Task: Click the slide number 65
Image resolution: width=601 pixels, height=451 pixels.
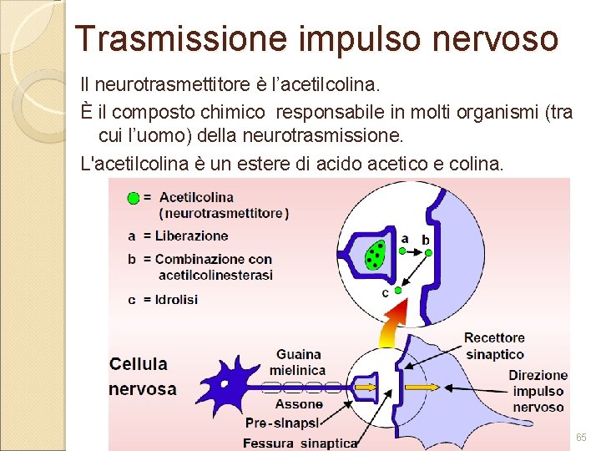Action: click(x=581, y=438)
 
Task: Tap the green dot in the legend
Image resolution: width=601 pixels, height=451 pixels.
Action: click(x=132, y=199)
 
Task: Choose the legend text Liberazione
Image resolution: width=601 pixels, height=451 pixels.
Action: click(x=191, y=236)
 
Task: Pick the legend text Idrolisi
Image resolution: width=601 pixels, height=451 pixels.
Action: click(x=176, y=299)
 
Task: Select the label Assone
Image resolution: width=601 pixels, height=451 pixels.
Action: click(x=299, y=405)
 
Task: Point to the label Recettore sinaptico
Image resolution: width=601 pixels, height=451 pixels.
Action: click(x=494, y=346)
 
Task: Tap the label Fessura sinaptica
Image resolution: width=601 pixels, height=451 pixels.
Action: click(x=300, y=443)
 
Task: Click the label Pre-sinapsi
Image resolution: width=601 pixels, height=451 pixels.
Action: click(x=278, y=423)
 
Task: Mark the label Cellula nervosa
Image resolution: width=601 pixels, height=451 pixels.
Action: click(x=143, y=376)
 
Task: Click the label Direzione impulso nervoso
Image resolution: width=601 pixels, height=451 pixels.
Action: click(x=538, y=391)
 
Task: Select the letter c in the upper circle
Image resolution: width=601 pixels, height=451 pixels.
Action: click(x=385, y=292)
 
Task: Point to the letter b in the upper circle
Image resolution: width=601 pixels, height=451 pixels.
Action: click(x=426, y=239)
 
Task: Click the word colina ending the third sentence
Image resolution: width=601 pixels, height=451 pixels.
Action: click(x=479, y=164)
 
